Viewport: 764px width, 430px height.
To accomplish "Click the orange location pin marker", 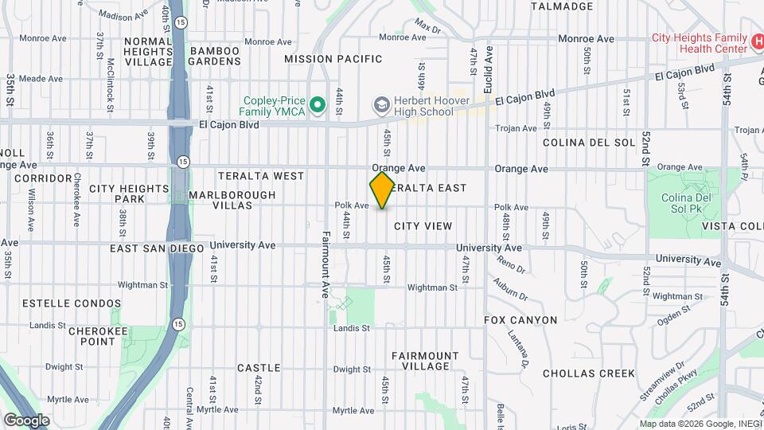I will point(382,190).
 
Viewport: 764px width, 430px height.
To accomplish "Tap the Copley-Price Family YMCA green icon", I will point(318,105).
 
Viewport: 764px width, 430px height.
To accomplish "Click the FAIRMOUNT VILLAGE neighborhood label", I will point(425,361).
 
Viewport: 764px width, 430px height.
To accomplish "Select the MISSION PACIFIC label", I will point(333,59).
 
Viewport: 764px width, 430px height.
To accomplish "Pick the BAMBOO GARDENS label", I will point(213,57).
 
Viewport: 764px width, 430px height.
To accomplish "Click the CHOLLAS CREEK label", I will point(588,373).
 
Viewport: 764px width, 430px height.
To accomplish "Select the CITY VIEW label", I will point(423,226).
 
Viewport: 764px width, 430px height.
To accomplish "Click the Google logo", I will point(26,420).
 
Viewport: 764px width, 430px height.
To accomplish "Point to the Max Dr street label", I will point(427,29).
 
